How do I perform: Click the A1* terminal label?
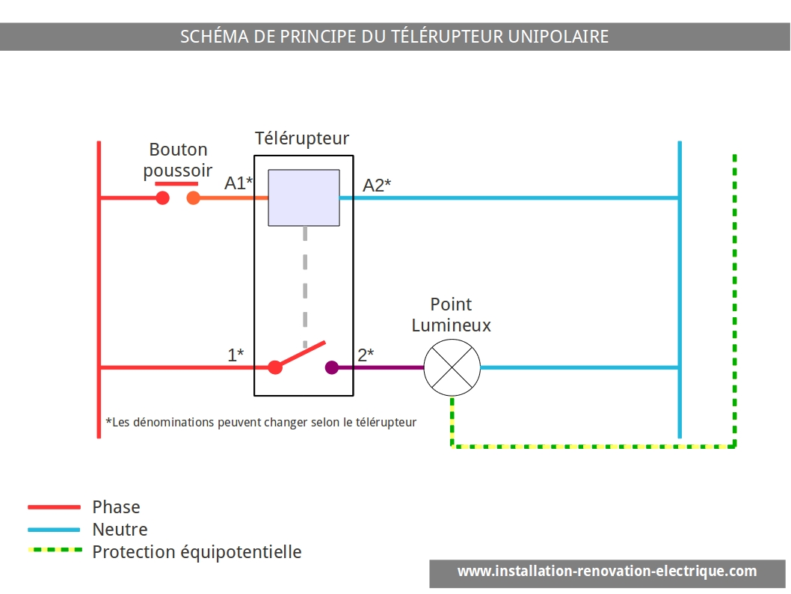tap(238, 183)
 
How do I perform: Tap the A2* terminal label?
tap(377, 186)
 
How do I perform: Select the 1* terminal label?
tap(236, 355)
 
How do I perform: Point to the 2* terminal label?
tap(366, 355)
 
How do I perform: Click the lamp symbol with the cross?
tap(452, 367)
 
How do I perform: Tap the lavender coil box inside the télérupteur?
tap(304, 198)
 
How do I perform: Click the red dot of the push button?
tap(162, 198)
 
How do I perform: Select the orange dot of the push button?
tap(193, 198)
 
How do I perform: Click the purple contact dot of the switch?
tap(332, 367)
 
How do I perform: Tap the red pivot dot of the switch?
tap(275, 367)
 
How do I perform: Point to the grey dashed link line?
tap(305, 287)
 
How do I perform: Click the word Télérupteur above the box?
tap(301, 138)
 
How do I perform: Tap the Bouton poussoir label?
tap(178, 160)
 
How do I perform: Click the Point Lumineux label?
tap(451, 315)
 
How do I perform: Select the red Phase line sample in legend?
tap(54, 506)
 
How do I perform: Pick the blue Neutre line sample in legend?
tap(54, 530)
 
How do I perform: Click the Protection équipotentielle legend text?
tap(197, 552)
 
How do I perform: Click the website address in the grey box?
tap(607, 572)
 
